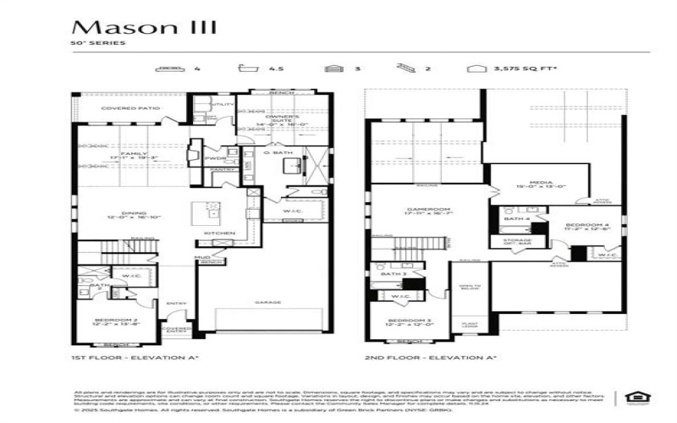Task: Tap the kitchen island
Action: click(206, 211)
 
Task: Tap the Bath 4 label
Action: click(516, 219)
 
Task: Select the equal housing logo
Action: click(632, 396)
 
